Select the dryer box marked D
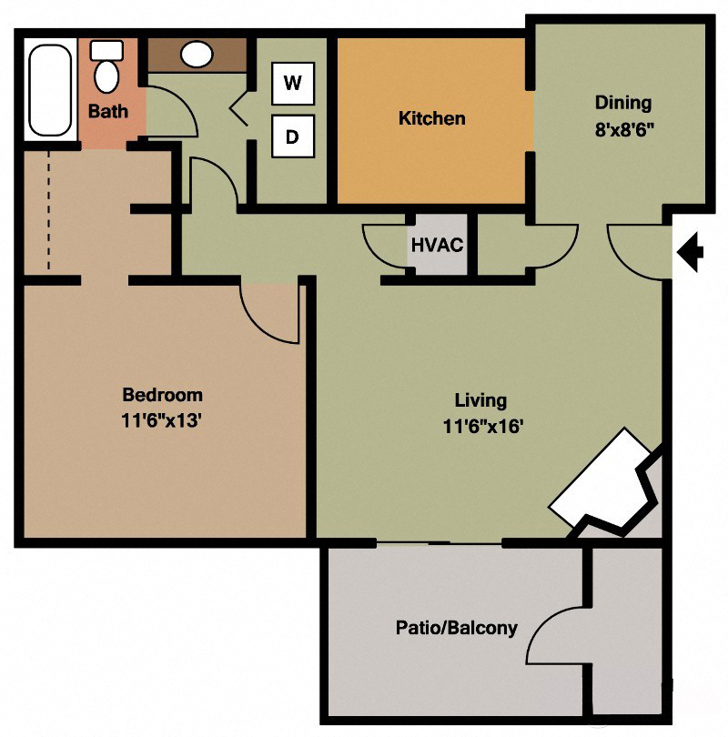tap(292, 137)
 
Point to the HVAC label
tap(438, 245)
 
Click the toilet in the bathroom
tap(106, 67)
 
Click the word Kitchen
tap(431, 118)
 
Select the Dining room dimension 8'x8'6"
tap(624, 128)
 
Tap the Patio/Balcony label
tap(456, 628)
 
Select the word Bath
tap(107, 111)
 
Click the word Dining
tap(623, 102)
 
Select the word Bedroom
tap(162, 395)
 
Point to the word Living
tap(480, 399)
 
